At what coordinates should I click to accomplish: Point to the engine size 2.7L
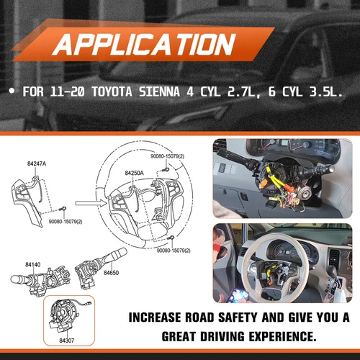point(256,94)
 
